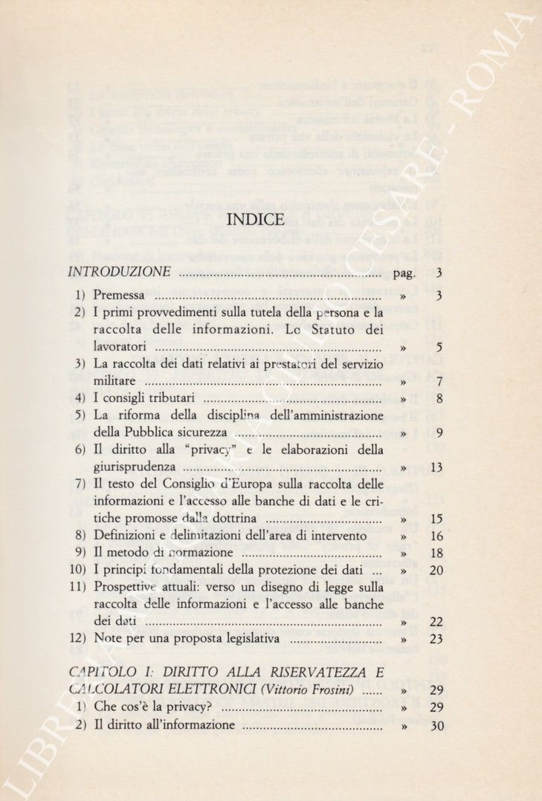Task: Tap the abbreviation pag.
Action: [x=404, y=273]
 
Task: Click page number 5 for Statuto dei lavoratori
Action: [x=439, y=347]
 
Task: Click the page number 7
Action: [x=439, y=382]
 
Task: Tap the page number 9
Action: [x=439, y=433]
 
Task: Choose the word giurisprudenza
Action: [x=135, y=467]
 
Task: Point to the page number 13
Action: [x=436, y=467]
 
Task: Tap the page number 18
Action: [x=436, y=554]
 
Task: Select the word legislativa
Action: [x=251, y=638]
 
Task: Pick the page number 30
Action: [x=436, y=726]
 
